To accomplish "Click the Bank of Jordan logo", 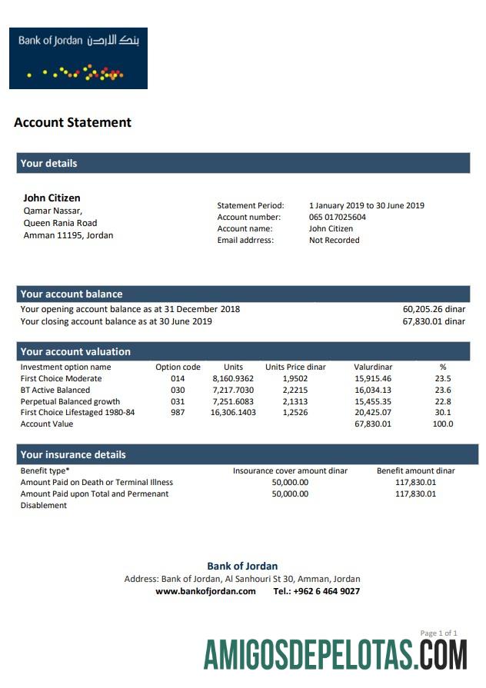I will [x=78, y=58].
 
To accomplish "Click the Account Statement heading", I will [x=72, y=122].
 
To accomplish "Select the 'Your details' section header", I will [x=48, y=163].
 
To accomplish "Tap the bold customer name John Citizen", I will [x=52, y=198].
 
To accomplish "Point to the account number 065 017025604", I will [x=338, y=218].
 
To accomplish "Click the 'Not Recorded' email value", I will [x=334, y=240].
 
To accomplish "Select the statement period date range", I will [x=366, y=205].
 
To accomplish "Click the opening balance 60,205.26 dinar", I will [x=434, y=309].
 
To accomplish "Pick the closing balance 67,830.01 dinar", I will [x=434, y=321].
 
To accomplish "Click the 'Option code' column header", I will [x=178, y=367].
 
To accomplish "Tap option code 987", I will [x=178, y=413].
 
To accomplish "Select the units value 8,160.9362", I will [x=233, y=378].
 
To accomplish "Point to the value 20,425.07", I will [x=373, y=413].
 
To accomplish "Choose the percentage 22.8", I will [x=443, y=401].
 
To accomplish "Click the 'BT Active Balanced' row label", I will [x=55, y=390].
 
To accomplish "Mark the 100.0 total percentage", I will [x=443, y=424].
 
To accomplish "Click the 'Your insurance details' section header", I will [x=73, y=454].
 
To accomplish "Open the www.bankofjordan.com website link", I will [x=205, y=591].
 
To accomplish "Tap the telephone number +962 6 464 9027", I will [x=316, y=591].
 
